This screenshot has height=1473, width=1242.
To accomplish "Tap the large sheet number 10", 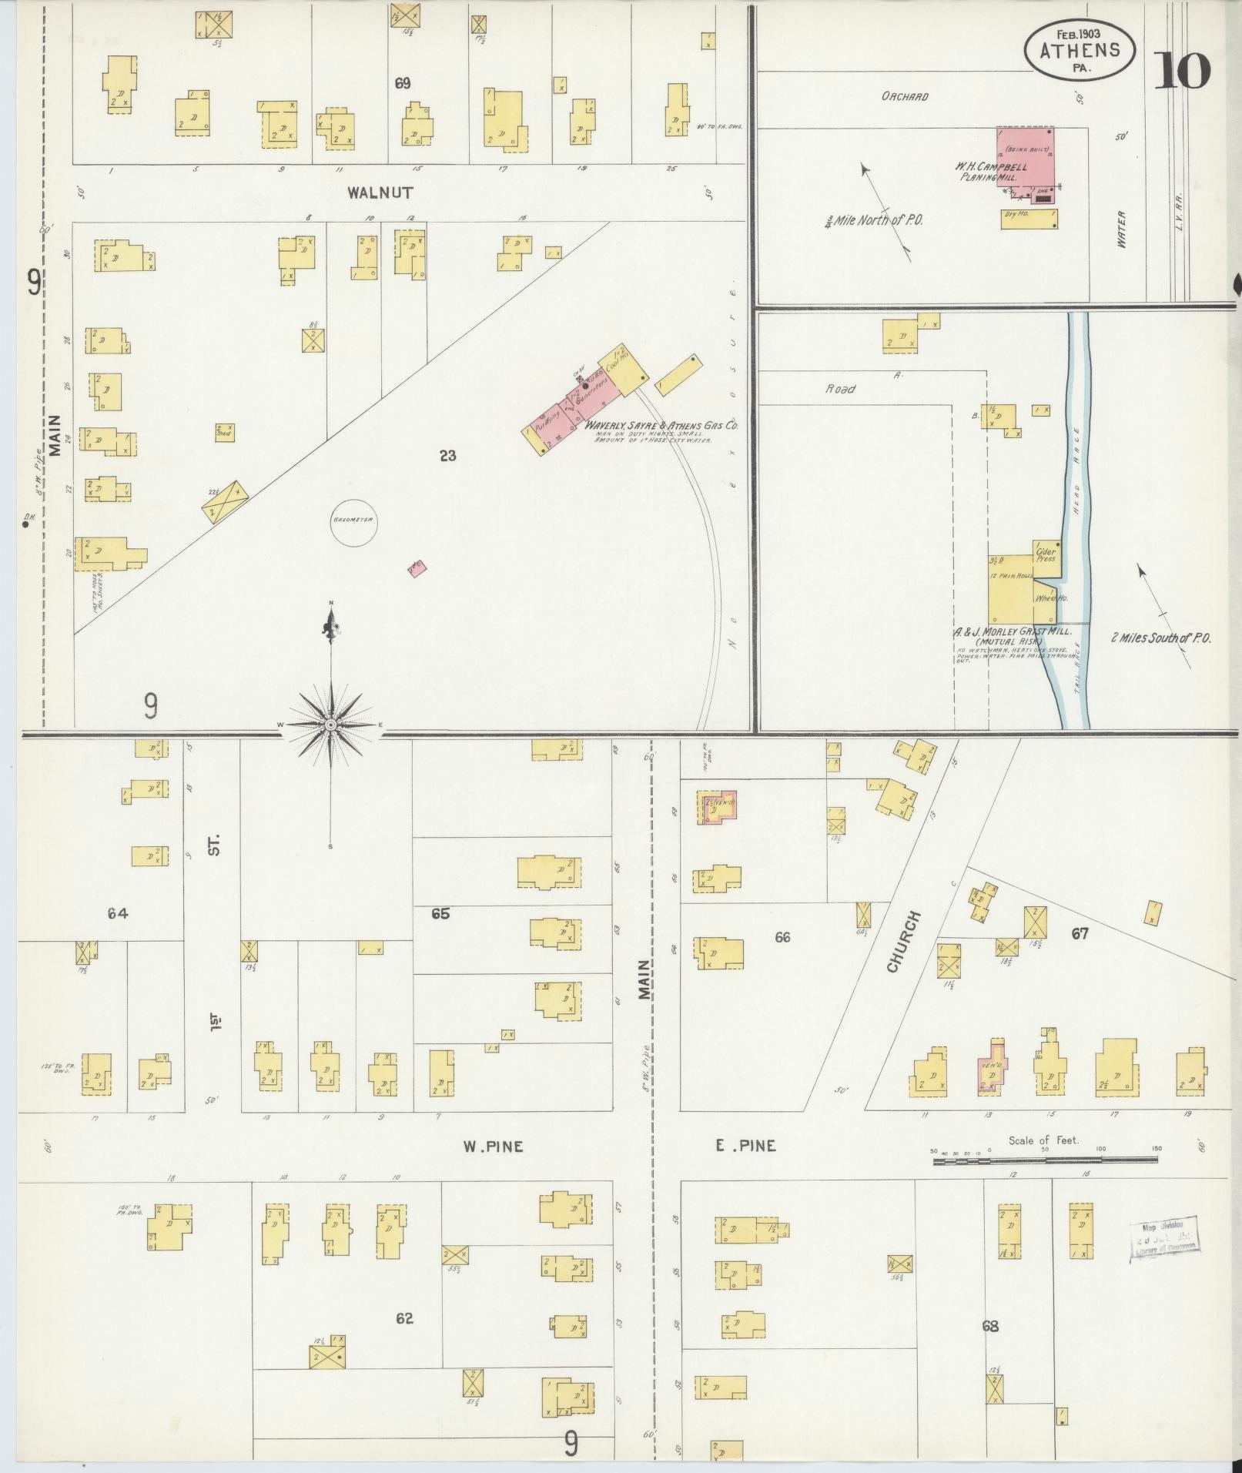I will pos(1181,72).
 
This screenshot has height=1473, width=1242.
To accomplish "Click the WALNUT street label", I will pos(380,192).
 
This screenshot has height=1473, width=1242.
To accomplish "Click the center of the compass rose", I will pos(331,725).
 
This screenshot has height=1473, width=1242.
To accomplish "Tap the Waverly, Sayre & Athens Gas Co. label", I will pos(661,425).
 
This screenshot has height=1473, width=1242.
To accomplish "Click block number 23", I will pos(447,456).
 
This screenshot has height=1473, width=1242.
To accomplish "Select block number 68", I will pos(990,1326).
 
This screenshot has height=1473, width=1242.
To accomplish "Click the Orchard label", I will pos(905,97).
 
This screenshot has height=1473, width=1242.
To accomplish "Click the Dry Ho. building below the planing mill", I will pos(1028,219).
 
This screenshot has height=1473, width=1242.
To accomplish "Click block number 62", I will pos(404,1318).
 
